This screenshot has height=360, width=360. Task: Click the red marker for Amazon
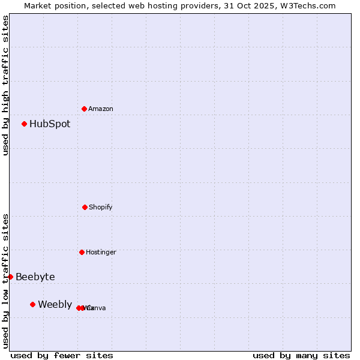84,109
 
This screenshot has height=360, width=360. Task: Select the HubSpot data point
24,124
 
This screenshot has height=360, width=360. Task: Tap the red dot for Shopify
85,207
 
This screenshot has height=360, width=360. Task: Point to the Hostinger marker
82,252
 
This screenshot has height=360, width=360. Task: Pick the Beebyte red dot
10,277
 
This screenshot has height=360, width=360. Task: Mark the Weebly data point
32,304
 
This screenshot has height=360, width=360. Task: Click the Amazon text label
101,109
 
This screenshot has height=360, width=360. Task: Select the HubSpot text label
50,124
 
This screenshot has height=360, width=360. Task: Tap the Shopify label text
101,208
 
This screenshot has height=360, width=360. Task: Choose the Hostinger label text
101,253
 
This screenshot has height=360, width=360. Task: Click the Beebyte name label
35,277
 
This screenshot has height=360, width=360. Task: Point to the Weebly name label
55,305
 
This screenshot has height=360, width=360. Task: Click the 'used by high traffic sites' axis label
5,85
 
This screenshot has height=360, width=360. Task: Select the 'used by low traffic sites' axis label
5,281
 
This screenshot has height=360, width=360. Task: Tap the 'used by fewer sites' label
62,355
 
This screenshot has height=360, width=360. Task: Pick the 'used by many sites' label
301,355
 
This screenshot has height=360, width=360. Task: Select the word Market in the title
38,5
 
